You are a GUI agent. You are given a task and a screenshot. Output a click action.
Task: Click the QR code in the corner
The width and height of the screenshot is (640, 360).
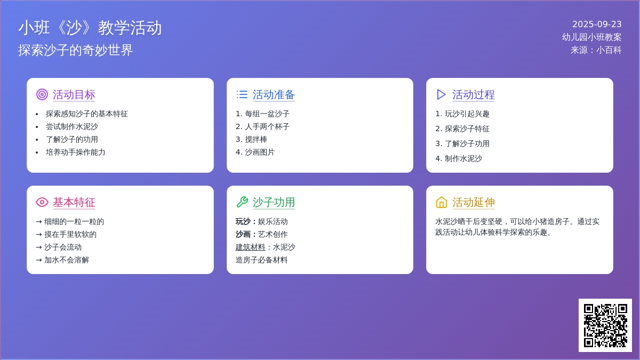click(x=605, y=325)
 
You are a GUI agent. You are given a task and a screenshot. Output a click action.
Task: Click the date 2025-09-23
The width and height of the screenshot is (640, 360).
click(x=597, y=25)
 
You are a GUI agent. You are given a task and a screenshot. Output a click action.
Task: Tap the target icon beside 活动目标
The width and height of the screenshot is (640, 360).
click(x=42, y=94)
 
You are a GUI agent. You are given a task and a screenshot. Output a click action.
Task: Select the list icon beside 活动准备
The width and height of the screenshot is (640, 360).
click(x=242, y=94)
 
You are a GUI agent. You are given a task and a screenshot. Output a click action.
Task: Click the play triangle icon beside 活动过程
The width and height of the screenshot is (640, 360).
click(x=441, y=94)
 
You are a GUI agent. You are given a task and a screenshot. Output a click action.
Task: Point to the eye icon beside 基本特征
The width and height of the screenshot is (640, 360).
click(x=42, y=202)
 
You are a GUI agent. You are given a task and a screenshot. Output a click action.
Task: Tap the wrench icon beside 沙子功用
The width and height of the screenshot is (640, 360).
click(x=242, y=202)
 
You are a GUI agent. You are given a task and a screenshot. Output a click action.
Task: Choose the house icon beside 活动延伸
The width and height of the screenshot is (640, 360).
click(x=442, y=202)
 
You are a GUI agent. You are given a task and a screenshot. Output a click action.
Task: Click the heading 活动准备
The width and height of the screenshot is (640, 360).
click(x=274, y=94)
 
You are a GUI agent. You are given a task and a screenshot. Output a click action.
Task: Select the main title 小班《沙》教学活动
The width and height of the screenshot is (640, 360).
click(x=90, y=28)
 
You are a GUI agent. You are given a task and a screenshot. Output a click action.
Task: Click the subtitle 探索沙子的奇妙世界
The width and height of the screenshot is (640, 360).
click(x=75, y=50)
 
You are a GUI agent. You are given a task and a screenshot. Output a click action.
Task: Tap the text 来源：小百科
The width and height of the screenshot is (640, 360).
click(x=596, y=50)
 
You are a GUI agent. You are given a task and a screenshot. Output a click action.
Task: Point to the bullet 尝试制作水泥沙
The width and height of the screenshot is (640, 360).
click(x=71, y=126)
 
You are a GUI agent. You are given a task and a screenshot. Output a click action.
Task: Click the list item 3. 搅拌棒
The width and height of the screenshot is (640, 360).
click(x=251, y=139)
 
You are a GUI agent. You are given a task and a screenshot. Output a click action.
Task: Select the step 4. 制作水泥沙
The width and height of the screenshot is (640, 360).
click(x=459, y=158)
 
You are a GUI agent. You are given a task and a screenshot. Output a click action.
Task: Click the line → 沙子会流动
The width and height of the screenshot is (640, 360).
click(x=59, y=247)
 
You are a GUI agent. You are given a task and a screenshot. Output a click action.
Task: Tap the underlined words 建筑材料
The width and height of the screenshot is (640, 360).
click(x=250, y=247)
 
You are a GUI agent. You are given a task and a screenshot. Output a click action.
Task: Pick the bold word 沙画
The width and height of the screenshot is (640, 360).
click(x=243, y=234)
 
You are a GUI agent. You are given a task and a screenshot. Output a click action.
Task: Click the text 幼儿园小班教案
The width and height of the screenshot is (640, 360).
click(x=591, y=37)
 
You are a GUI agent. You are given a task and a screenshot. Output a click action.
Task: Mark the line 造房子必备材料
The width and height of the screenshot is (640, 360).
click(x=261, y=260)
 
